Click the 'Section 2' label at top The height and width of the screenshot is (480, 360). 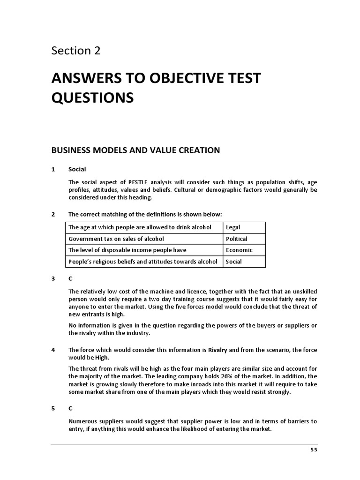click(x=76, y=51)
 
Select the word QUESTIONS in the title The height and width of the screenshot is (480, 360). click(x=92, y=97)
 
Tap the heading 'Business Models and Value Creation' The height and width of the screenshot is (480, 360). click(x=135, y=150)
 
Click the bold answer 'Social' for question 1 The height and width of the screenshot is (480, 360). click(x=77, y=169)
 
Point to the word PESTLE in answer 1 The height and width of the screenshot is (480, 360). click(x=130, y=182)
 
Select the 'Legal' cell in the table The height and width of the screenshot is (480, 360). click(x=233, y=227)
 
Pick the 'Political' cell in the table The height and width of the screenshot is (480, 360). click(x=236, y=239)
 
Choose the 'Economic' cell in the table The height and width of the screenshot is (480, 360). click(x=239, y=250)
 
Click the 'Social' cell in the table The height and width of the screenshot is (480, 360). click(x=234, y=262)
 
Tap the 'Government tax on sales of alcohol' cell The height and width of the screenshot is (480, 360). click(x=116, y=239)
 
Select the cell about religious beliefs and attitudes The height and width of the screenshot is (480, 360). click(x=143, y=262)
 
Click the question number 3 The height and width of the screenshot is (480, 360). click(x=53, y=278)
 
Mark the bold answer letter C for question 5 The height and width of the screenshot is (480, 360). click(x=70, y=408)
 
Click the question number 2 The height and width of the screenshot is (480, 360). click(x=53, y=214)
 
